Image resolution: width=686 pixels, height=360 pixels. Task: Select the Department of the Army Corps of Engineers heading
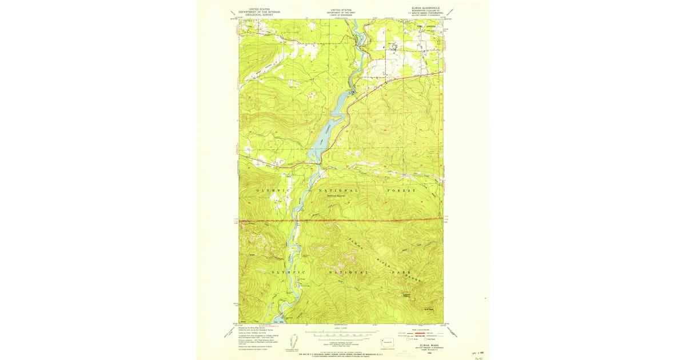click(x=341, y=12)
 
